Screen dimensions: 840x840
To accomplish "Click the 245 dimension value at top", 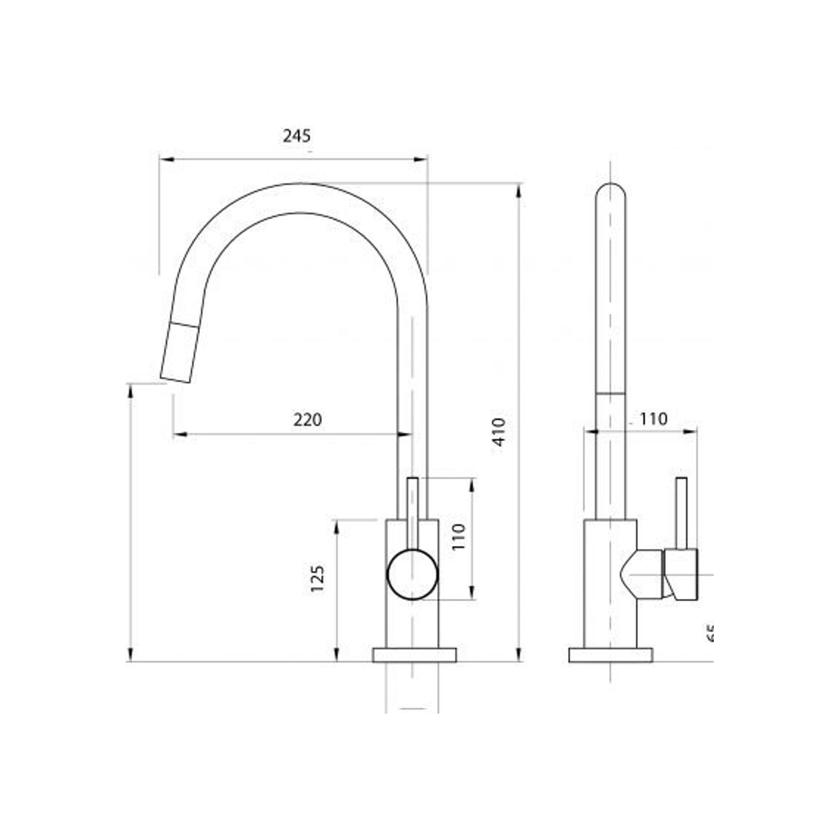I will (x=297, y=136).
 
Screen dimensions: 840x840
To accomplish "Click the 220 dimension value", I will (x=307, y=419).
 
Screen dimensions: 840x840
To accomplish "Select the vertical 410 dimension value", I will (x=500, y=432).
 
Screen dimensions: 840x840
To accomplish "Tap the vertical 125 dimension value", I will (x=317, y=579).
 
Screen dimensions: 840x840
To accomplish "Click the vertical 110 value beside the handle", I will (x=459, y=537).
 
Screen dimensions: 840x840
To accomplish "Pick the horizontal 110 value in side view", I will (x=653, y=418).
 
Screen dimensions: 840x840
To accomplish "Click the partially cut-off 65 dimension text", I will (x=710, y=634).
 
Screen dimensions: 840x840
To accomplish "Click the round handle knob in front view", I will (x=412, y=574).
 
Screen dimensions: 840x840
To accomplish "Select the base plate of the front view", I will (x=414, y=655).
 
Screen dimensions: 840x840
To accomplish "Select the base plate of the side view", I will (x=610, y=655).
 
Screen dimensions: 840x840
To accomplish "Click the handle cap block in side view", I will (x=681, y=574).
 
